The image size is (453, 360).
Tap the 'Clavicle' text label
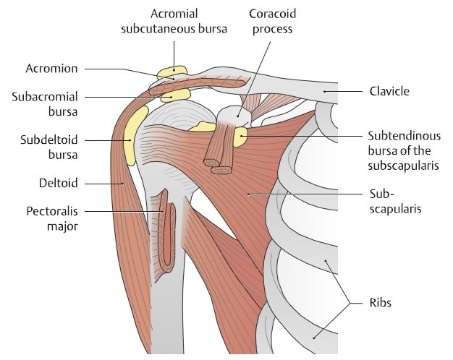pos(389,91)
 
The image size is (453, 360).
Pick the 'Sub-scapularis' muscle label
pos(390,200)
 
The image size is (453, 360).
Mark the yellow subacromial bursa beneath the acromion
pos(174,95)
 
